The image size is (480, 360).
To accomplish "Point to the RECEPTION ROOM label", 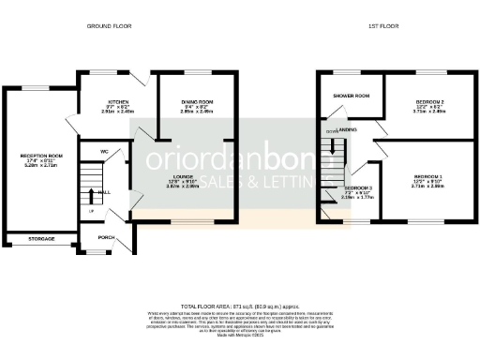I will coord(41,157).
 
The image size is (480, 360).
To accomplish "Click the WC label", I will coord(106,150).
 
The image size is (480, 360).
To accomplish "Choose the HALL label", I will coord(106,192).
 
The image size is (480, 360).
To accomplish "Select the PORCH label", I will coord(105,237).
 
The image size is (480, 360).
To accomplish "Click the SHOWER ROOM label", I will coord(350,96).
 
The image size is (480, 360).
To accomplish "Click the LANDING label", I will coord(347,129).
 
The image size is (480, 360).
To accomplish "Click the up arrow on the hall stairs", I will coord(91,195).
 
